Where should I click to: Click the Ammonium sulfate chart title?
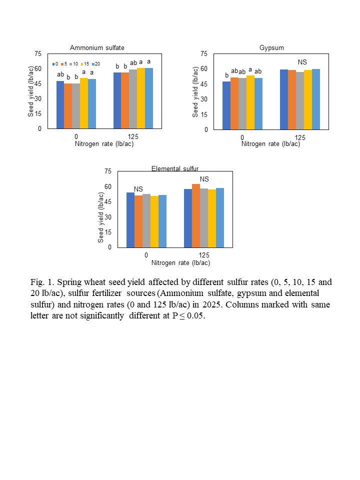click(97, 48)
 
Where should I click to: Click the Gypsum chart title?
click(271, 48)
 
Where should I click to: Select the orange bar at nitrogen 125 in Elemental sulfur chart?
click(196, 215)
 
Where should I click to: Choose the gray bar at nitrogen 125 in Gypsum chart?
click(300, 100)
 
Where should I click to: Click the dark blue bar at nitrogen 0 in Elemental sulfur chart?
click(130, 219)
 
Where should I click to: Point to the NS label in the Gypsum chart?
click(302, 62)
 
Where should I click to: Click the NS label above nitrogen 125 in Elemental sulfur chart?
click(204, 179)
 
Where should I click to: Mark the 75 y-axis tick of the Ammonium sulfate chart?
click(38, 53)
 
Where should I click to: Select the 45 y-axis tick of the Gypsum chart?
click(203, 84)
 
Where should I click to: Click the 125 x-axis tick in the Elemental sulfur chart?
click(203, 255)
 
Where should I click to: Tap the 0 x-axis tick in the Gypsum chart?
click(242, 137)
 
